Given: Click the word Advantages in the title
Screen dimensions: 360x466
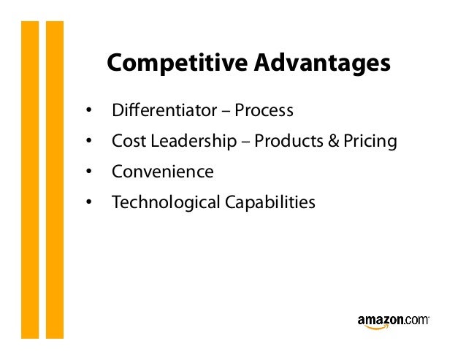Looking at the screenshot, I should (322, 64).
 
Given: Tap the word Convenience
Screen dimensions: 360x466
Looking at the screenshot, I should (162, 172).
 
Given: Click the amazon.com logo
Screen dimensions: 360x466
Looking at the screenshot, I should (393, 321).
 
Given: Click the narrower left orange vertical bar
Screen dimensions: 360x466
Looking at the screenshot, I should (29, 179).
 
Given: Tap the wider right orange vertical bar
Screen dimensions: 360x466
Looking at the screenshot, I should (55, 179).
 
